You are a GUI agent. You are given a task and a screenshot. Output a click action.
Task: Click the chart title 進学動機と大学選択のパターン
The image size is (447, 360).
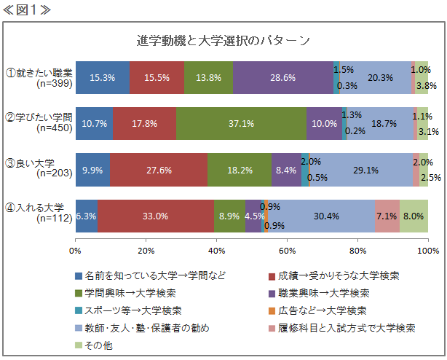[223, 39]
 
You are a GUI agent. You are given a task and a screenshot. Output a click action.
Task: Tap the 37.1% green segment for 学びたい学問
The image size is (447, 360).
[241, 123]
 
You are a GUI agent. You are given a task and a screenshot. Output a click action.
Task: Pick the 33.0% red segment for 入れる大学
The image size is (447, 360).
[156, 216]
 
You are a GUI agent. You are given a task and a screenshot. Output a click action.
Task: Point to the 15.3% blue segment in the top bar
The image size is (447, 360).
[102, 78]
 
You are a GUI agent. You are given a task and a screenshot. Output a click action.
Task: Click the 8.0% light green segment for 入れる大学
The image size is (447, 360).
[414, 216]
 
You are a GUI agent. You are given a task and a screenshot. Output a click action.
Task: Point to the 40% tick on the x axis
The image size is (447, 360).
[216, 251]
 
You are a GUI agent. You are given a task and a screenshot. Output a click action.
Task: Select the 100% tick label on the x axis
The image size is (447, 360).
[427, 251]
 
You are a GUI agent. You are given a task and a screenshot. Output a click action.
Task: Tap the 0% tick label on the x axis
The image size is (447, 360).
[75, 251]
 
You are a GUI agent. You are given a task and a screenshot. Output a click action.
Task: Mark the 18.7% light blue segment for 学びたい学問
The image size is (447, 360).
[379, 123]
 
